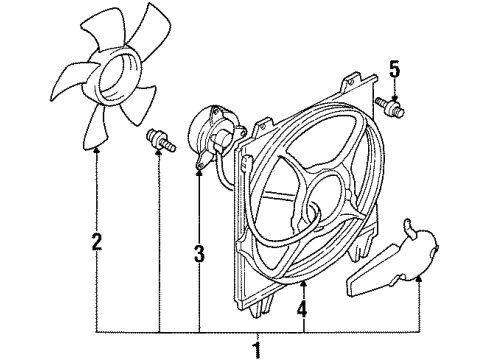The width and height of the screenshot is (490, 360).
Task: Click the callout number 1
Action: pyautogui.click(x=257, y=349)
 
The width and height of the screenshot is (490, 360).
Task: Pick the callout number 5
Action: pyautogui.click(x=393, y=70)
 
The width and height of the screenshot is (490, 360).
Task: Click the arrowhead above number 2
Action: pyautogui.click(x=97, y=150)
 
